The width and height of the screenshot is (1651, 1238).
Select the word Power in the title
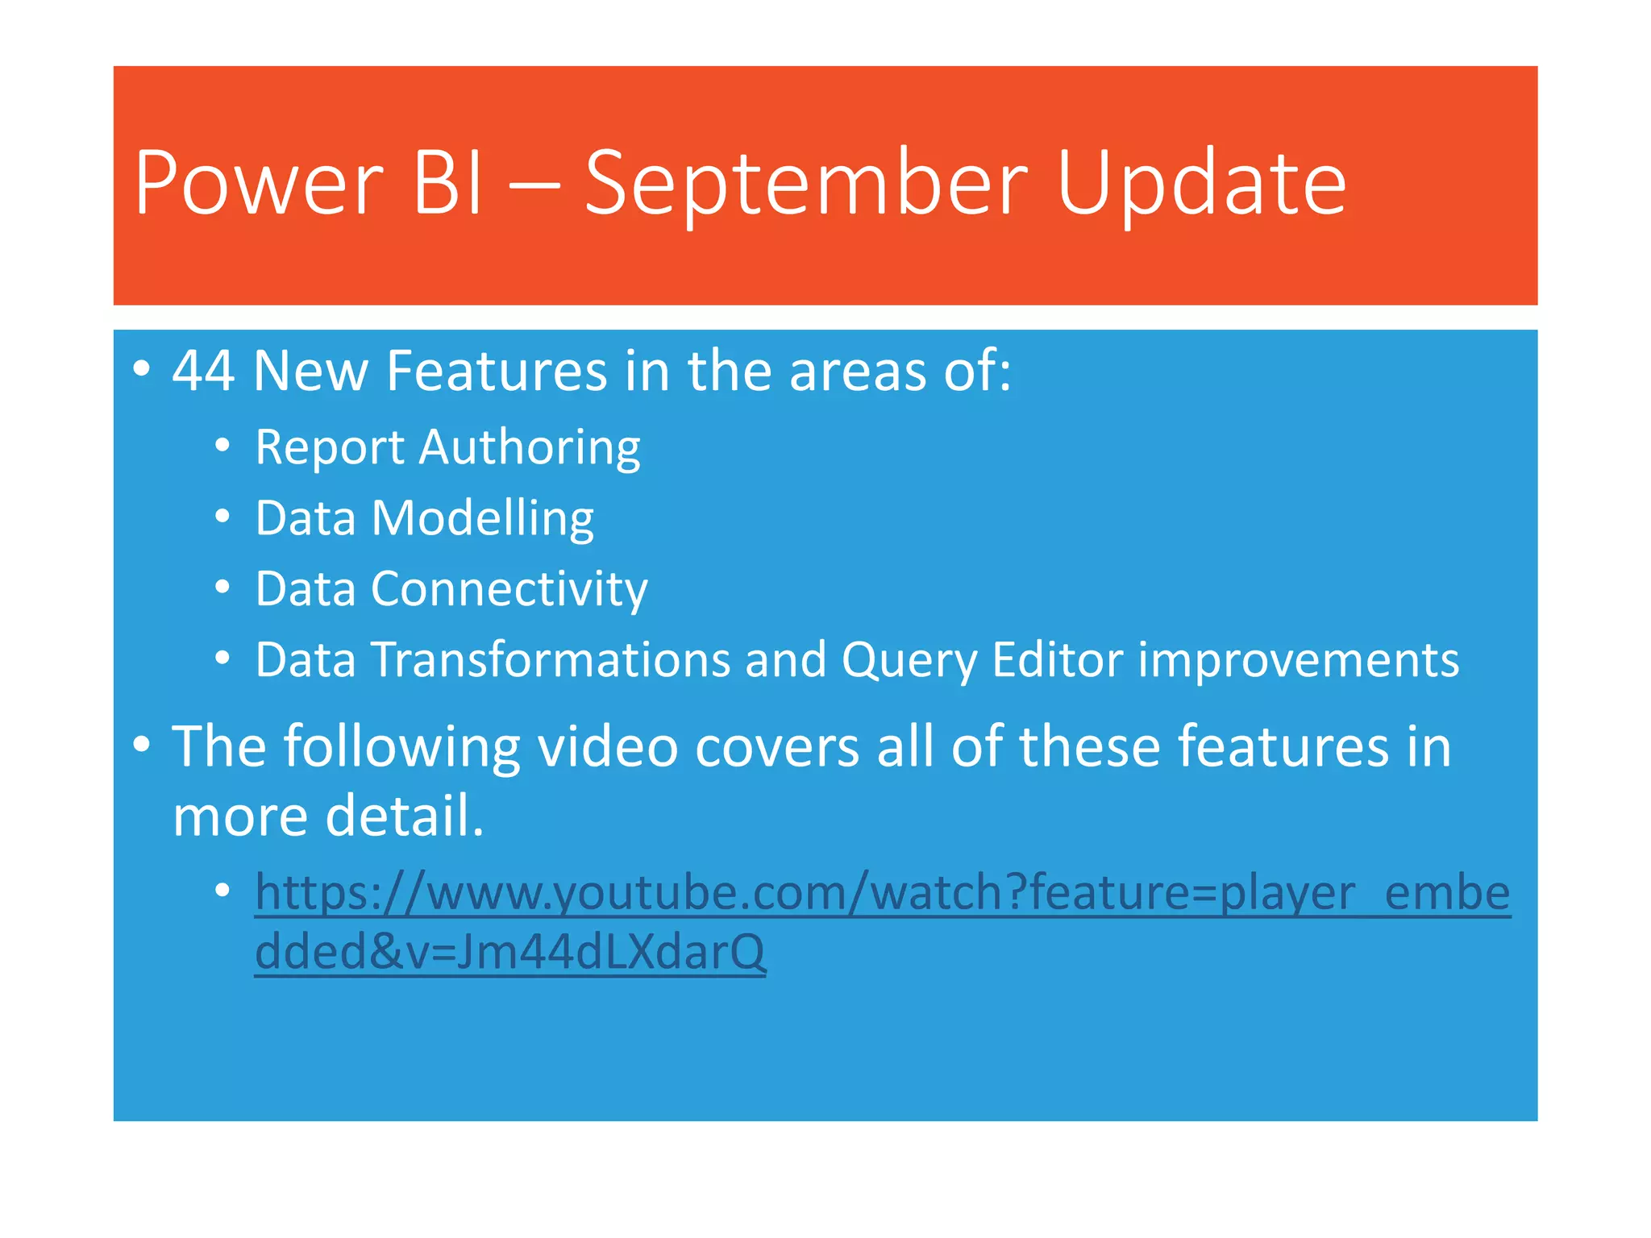pos(259,185)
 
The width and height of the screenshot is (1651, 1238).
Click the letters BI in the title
pos(448,185)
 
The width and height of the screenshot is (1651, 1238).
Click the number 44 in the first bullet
pos(204,372)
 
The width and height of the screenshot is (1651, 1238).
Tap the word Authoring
pos(529,448)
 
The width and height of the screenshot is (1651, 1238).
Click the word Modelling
pos(482,518)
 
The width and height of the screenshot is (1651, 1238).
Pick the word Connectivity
pos(509,589)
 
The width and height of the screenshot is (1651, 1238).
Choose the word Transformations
pos(550,660)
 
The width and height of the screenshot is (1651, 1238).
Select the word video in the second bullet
pos(608,746)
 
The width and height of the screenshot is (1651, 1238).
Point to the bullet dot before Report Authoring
pos(223,446)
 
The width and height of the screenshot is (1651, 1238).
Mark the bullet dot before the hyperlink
pos(223,891)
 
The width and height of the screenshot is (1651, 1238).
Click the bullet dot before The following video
pos(142,745)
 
